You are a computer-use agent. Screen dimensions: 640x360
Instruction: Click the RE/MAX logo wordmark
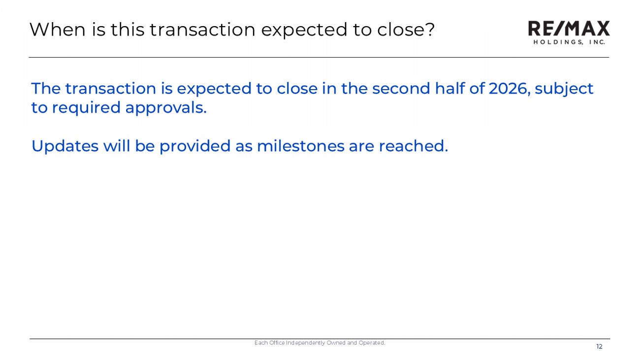coord(569,28)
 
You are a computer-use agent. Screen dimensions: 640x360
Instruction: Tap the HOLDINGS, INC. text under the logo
coord(569,42)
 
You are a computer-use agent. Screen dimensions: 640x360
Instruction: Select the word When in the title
coord(57,29)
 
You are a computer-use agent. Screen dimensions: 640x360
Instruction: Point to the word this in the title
coord(128,29)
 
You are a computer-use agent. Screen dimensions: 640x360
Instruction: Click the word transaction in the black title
coord(202,30)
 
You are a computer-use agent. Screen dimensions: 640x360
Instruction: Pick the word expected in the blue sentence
coord(214,89)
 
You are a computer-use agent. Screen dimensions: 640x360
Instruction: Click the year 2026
coord(510,88)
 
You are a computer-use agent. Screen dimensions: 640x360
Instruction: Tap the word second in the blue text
coord(401,88)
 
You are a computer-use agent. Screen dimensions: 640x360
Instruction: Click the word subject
coord(564,89)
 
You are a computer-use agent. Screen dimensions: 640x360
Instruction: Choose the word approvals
coord(166,108)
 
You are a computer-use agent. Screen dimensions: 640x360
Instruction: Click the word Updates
coord(65,146)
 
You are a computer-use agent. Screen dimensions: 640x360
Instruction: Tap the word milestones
coord(300,146)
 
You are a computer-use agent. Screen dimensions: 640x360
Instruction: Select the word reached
coord(414,146)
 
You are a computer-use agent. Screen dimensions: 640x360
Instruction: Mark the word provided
coord(194,146)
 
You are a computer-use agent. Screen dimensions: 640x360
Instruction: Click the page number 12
coord(600,347)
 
